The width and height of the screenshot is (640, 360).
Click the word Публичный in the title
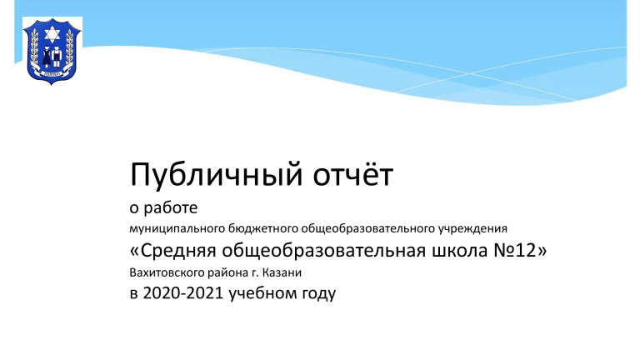(217, 176)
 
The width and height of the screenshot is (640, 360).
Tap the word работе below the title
(171, 207)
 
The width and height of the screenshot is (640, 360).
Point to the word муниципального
(177, 228)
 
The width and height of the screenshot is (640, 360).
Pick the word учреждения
(472, 228)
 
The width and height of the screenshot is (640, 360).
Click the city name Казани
(282, 272)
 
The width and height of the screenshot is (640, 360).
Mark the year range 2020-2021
(183, 293)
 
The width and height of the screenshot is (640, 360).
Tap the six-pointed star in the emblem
(52, 34)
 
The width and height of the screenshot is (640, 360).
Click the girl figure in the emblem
(47, 57)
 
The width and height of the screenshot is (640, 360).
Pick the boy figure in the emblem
(57, 57)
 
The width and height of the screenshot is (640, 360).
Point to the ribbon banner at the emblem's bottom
(52, 73)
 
